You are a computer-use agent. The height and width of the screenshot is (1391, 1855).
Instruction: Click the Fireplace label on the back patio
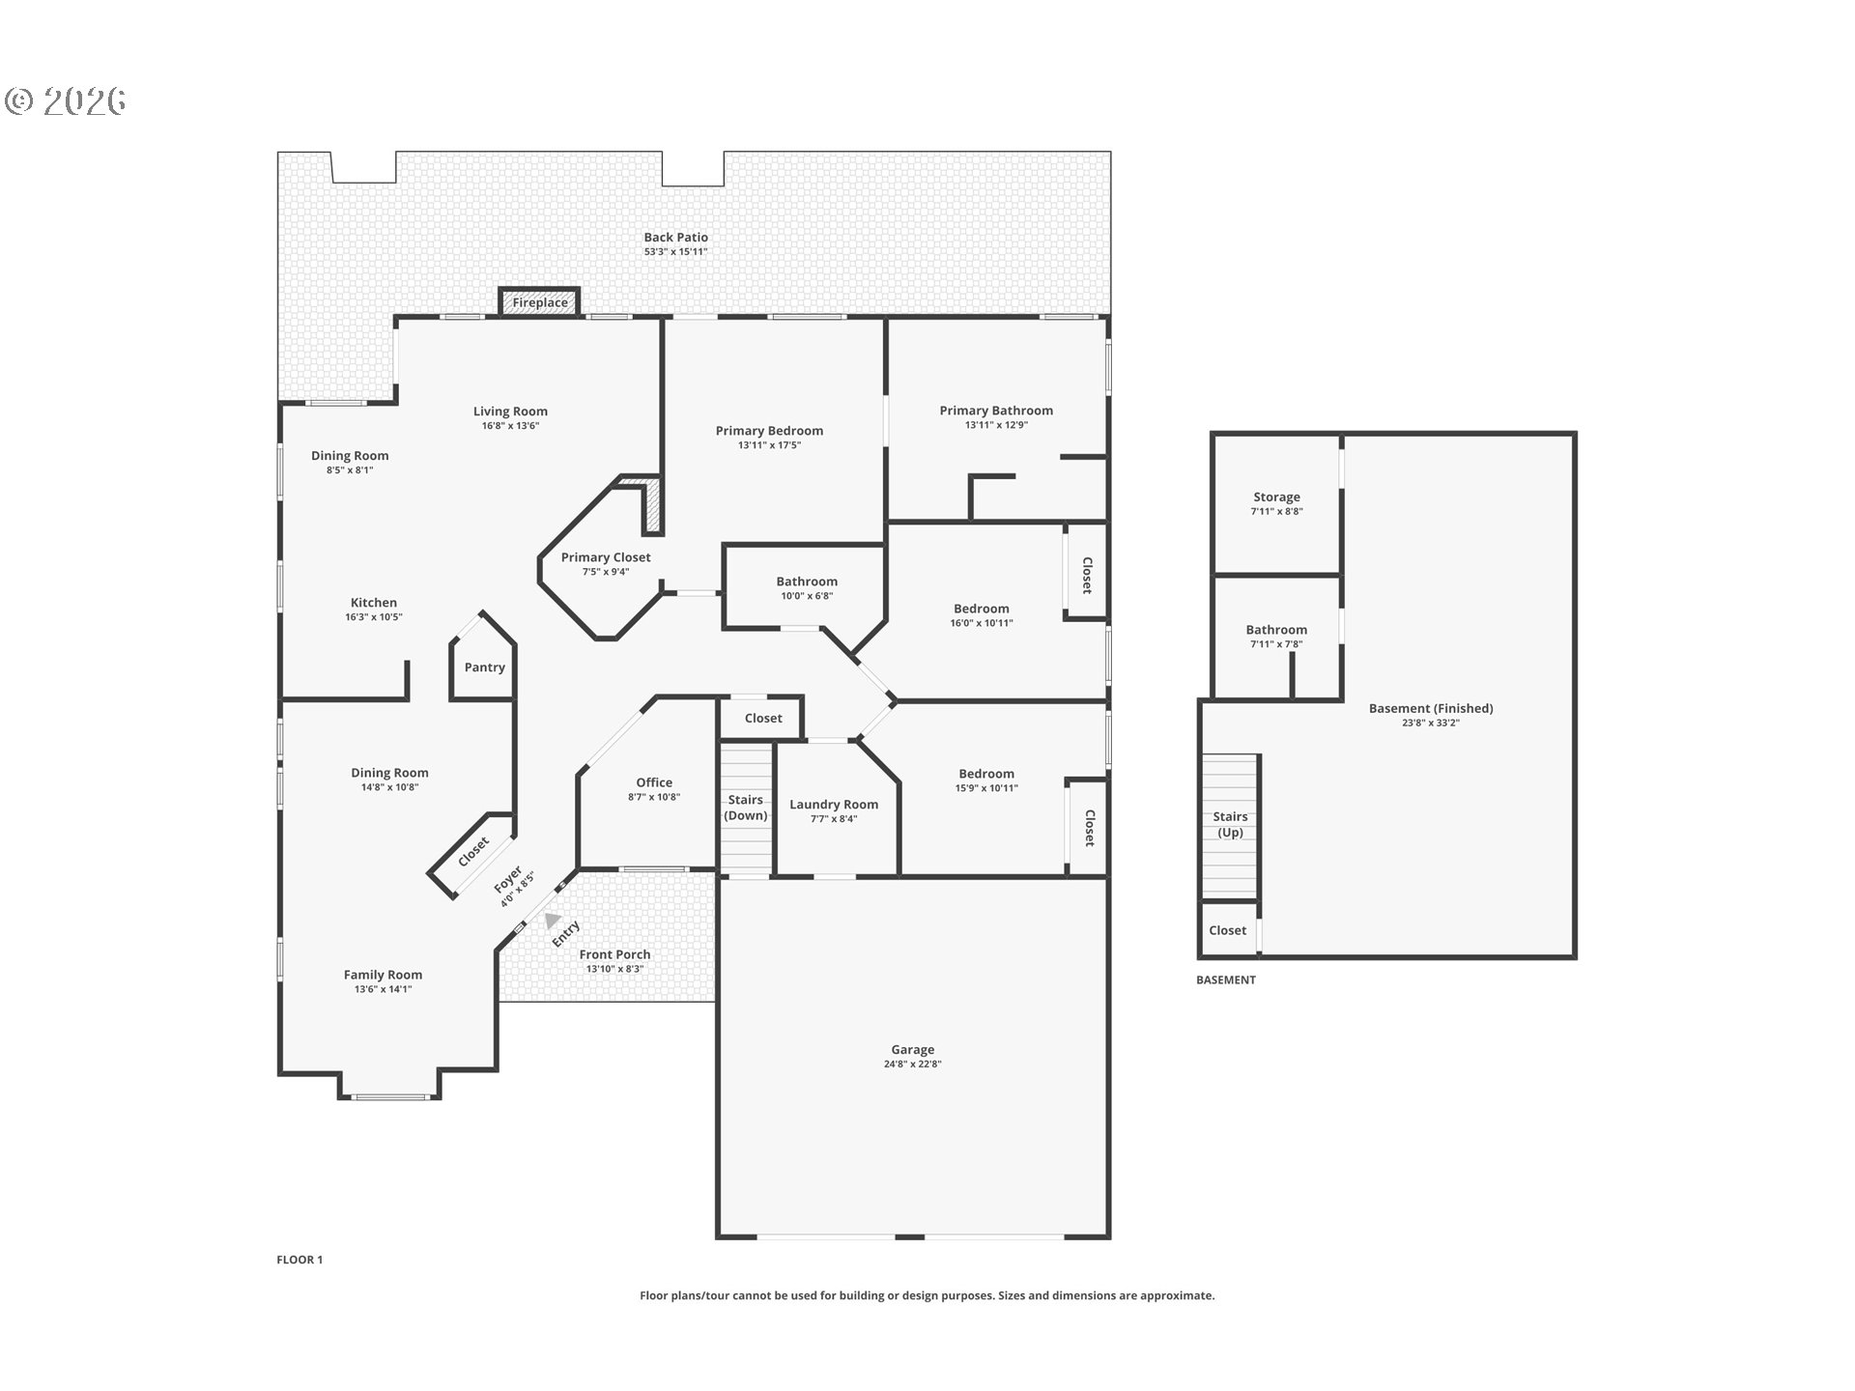click(540, 302)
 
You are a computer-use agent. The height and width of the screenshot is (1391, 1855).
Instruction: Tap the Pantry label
click(484, 667)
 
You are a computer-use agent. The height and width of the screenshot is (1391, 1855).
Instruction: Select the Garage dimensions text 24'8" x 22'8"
click(912, 1065)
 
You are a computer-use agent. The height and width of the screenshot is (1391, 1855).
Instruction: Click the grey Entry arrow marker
click(552, 921)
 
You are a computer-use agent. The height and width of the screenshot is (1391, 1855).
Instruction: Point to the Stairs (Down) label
click(746, 808)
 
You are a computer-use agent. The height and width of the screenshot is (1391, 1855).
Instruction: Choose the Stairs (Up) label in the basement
click(1230, 824)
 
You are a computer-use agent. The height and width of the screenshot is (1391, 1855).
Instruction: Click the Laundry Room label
click(834, 805)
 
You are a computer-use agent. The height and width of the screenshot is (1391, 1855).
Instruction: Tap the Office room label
click(654, 782)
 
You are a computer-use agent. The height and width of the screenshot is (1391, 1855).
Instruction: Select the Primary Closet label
click(606, 557)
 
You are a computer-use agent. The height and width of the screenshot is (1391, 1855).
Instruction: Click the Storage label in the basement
click(1276, 497)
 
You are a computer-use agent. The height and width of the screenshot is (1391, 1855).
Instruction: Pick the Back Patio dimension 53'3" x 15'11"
click(676, 252)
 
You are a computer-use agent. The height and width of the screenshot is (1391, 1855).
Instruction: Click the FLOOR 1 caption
click(300, 1260)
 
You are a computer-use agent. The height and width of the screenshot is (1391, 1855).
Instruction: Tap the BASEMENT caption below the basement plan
click(1226, 979)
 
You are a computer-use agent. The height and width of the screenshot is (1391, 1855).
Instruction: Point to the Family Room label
click(383, 975)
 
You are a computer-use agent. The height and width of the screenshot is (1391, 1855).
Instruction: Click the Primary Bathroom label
click(996, 411)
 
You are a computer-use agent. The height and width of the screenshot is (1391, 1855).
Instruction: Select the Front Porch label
click(614, 954)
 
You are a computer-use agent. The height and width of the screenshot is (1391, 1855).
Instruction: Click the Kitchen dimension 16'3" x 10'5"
click(374, 617)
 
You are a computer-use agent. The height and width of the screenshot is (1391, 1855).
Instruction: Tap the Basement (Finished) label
click(1431, 708)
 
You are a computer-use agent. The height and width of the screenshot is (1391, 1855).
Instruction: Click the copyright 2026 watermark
click(66, 101)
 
